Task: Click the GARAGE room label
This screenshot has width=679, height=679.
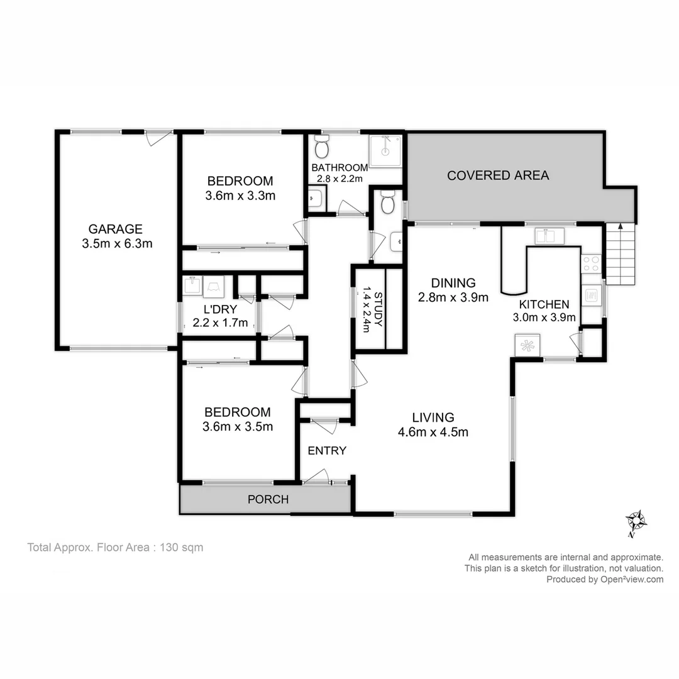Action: [x=115, y=229]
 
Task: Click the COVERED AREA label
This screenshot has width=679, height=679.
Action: [x=498, y=175]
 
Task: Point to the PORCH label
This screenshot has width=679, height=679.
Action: [x=268, y=500]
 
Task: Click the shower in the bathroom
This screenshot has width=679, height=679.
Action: [x=385, y=151]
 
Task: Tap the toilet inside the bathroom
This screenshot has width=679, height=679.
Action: [x=322, y=148]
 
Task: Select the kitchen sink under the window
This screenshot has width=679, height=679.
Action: [x=549, y=236]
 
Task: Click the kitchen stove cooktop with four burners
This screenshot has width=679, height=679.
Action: [x=591, y=263]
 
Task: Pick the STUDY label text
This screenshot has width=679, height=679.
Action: [x=378, y=309]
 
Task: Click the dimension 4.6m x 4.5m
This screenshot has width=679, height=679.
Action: [x=433, y=432]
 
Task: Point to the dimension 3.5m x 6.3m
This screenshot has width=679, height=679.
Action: [x=117, y=244]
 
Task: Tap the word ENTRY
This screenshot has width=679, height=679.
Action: [x=327, y=450]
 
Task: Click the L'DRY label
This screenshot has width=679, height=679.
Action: [x=219, y=309]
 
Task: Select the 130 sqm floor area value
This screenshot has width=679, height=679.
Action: [x=182, y=548]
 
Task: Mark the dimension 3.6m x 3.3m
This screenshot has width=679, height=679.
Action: [x=240, y=196]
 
